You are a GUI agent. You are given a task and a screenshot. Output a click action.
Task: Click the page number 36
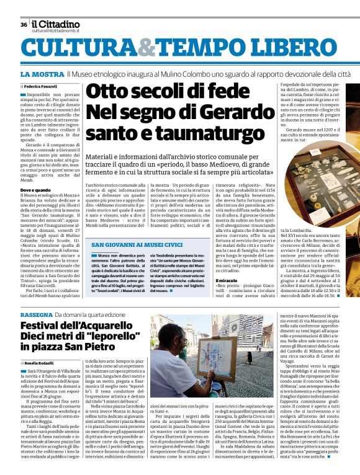[x=24, y=25]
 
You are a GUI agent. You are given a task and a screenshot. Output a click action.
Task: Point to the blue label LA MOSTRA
[x=42, y=74]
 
